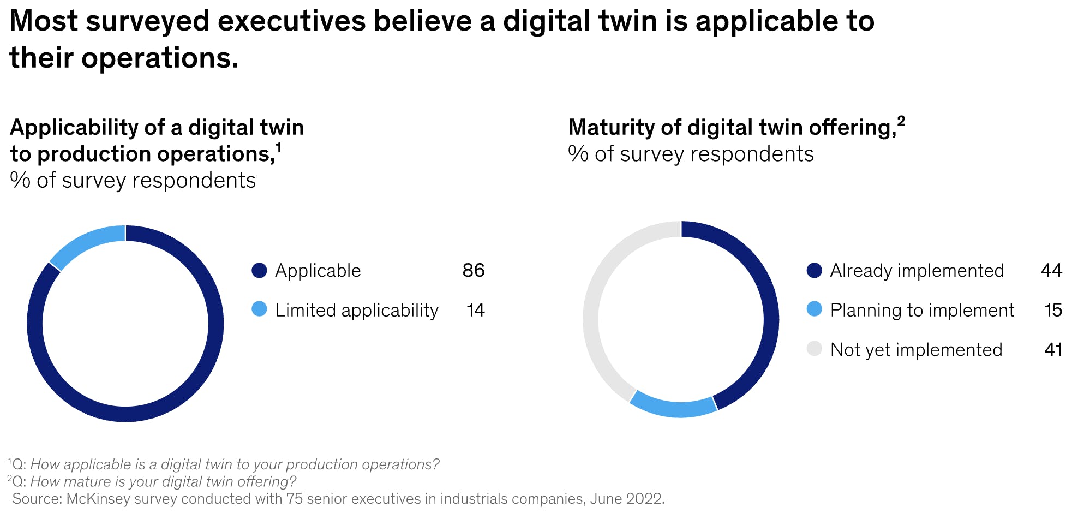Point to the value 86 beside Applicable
[x=473, y=270]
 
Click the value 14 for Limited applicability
[x=475, y=310]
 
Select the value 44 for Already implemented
[x=1051, y=270]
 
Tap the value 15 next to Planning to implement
[x=1052, y=310]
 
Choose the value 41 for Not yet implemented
[x=1052, y=349]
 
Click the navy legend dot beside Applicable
[x=259, y=270]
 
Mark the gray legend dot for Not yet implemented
[x=814, y=349]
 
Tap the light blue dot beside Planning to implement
[x=814, y=309]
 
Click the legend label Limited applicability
[x=356, y=310]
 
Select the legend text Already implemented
[x=917, y=270]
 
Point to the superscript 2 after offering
[x=901, y=121]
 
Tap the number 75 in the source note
[x=295, y=499]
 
